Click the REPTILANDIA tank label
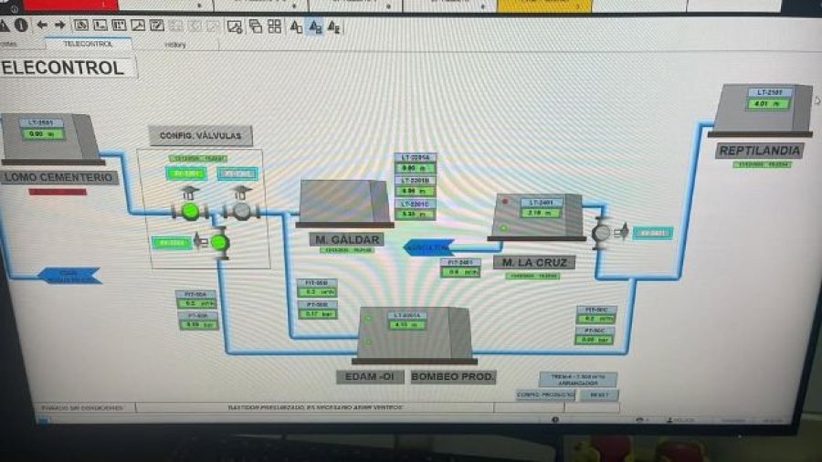tap(760, 151)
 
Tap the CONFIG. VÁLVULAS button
tap(200, 136)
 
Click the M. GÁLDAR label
tap(345, 240)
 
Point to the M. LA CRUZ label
tap(534, 263)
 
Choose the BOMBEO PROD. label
tap(453, 376)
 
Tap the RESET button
tap(598, 395)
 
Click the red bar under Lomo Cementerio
tap(58, 192)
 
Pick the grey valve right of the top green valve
tap(241, 211)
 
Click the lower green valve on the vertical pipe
tap(220, 242)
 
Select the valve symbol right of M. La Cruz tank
tap(601, 233)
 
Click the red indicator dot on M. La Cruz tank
tap(504, 201)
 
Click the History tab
tap(175, 44)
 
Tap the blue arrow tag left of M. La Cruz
tap(428, 247)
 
